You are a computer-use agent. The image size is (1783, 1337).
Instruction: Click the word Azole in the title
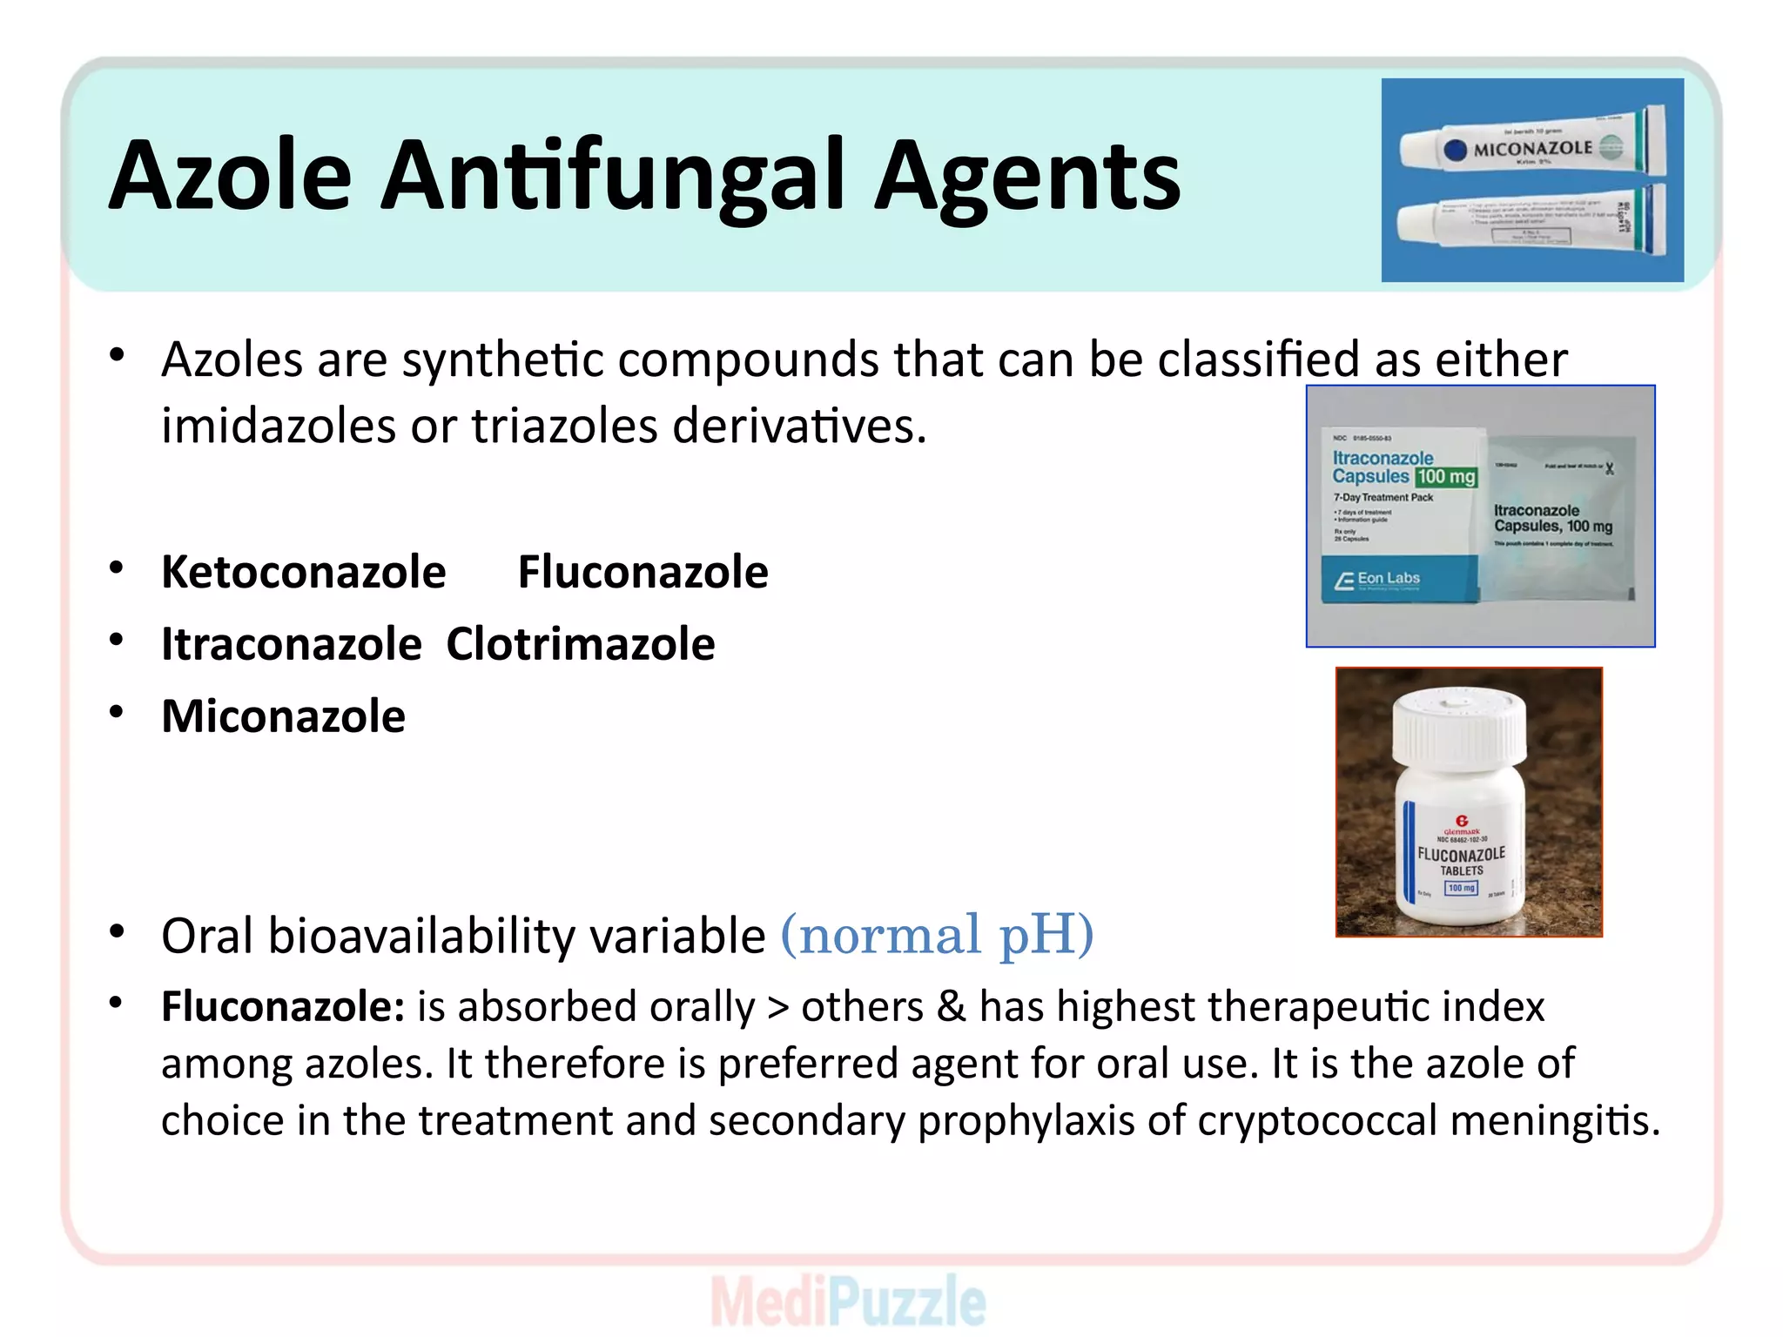(x=230, y=177)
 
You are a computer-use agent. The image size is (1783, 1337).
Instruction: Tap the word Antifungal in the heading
(x=613, y=177)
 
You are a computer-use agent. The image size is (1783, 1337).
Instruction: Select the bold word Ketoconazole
(x=304, y=573)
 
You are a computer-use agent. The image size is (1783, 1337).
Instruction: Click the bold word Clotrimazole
(x=581, y=645)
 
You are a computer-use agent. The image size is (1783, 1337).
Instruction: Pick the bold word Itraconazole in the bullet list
(x=292, y=645)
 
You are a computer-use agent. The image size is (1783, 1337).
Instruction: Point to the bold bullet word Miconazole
(x=284, y=717)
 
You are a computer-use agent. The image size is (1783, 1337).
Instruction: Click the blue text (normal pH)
(x=937, y=935)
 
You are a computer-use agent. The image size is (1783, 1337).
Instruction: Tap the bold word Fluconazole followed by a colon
(x=283, y=1007)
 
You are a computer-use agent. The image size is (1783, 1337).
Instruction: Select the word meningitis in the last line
(x=1555, y=1121)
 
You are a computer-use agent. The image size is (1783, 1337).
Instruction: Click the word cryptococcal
(x=1317, y=1121)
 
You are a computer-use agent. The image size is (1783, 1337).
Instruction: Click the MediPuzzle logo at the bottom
(x=849, y=1301)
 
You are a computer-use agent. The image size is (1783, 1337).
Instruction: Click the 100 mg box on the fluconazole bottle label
(x=1461, y=888)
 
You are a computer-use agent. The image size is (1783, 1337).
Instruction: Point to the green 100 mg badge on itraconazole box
(x=1446, y=476)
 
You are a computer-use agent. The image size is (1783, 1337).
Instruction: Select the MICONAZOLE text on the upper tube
(x=1532, y=149)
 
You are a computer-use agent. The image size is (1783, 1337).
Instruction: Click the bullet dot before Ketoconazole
(x=117, y=568)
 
